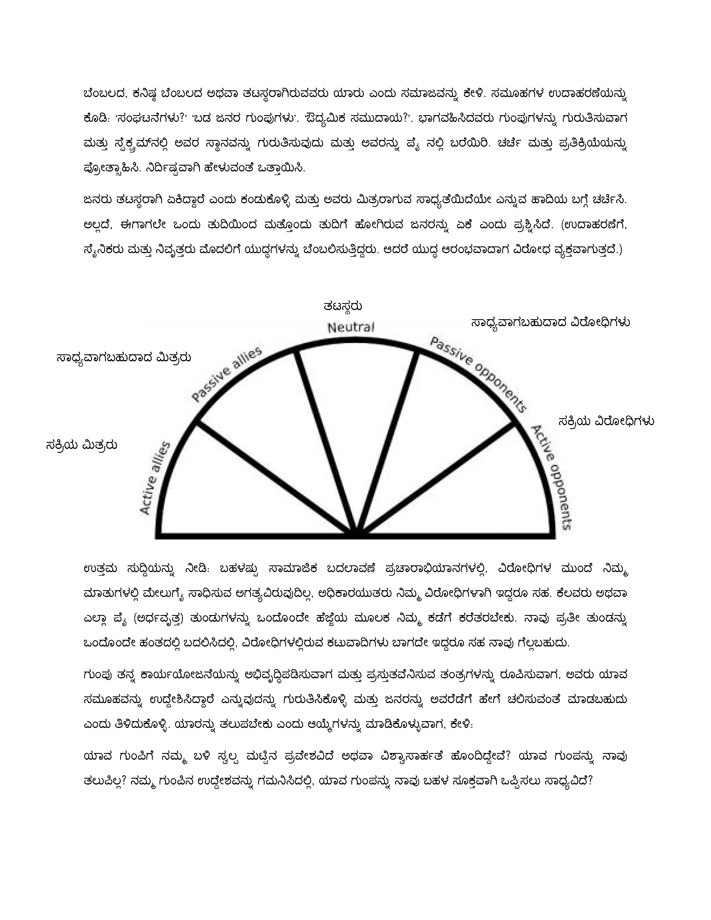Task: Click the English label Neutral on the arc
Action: tap(351, 327)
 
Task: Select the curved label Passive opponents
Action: tap(478, 375)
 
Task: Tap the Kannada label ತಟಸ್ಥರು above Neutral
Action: tap(342, 306)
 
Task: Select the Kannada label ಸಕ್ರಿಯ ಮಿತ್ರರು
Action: tap(81, 445)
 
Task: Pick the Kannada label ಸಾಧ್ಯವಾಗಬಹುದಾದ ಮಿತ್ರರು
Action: tap(124, 358)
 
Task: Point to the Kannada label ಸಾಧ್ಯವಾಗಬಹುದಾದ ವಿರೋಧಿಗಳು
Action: tap(550, 323)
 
